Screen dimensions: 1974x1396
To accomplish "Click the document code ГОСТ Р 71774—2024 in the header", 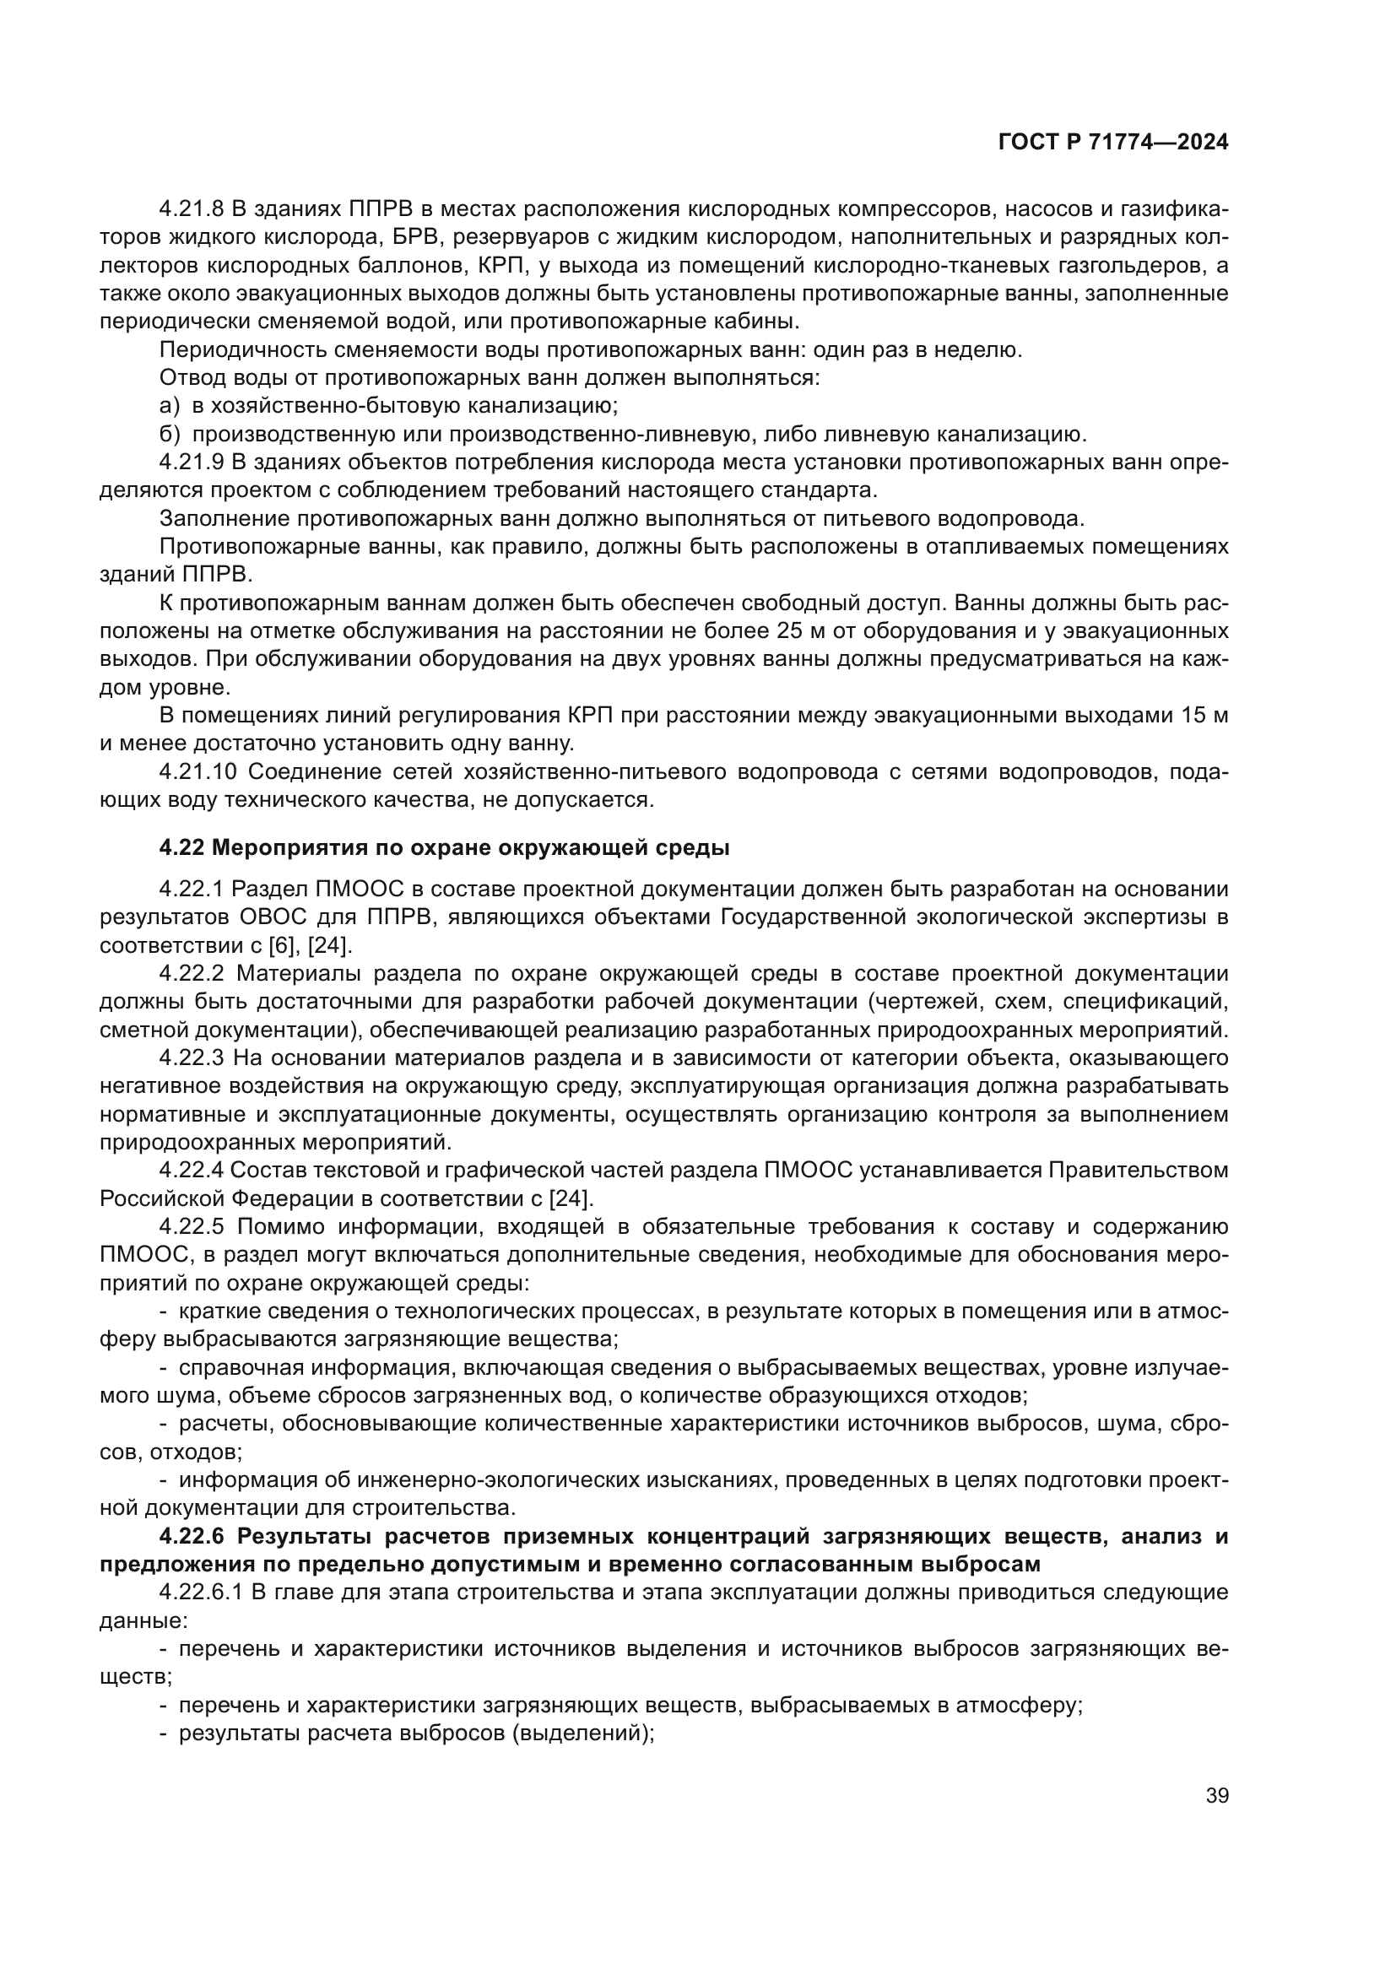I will point(1113,143).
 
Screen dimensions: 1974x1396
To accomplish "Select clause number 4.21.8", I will point(191,209).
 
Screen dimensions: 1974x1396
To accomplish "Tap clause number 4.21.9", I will point(191,462).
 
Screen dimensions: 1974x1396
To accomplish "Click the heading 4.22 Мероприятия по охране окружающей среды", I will point(445,847).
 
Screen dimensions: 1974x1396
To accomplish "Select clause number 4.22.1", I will point(191,888).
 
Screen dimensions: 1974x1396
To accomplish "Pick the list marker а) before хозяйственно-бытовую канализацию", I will point(170,406).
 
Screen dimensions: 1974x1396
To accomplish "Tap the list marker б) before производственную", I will point(170,434).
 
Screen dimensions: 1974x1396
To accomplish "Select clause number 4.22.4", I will point(191,1169).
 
